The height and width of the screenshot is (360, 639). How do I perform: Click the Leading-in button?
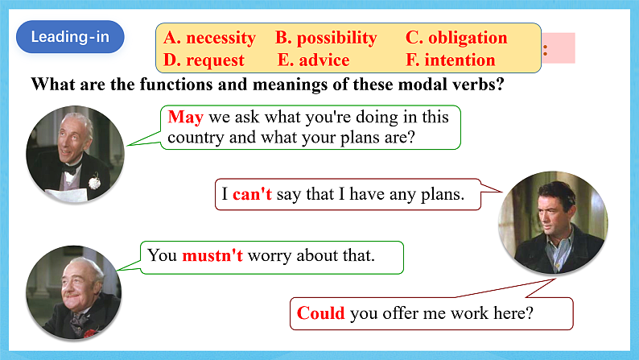(x=70, y=37)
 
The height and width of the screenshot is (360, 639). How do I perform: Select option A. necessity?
(x=209, y=38)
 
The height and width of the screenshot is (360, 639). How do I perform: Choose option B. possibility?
(x=326, y=38)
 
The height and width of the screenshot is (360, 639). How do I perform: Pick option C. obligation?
(x=456, y=38)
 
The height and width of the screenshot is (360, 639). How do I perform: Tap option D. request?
(x=204, y=60)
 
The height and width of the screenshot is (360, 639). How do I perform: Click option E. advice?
(x=313, y=60)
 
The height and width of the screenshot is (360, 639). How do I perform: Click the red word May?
(x=185, y=117)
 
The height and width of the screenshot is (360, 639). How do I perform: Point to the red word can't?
(x=253, y=194)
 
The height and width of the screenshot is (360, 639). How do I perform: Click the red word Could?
(x=320, y=313)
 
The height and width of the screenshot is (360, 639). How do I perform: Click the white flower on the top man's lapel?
(x=93, y=182)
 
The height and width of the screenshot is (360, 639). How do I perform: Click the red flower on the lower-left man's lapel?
(x=89, y=331)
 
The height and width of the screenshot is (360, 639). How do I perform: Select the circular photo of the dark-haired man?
(x=551, y=220)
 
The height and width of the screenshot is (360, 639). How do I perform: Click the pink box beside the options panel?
(x=559, y=48)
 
